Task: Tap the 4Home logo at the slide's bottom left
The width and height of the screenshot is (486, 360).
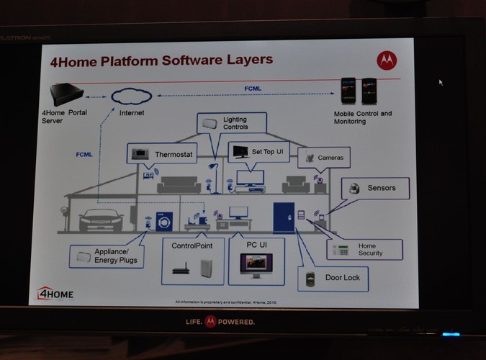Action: [x=55, y=293]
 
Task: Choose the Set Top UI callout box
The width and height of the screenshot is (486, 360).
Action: [x=258, y=152]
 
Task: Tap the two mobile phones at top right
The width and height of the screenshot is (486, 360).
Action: [x=359, y=91]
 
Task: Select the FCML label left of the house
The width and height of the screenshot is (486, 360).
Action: [x=85, y=153]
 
